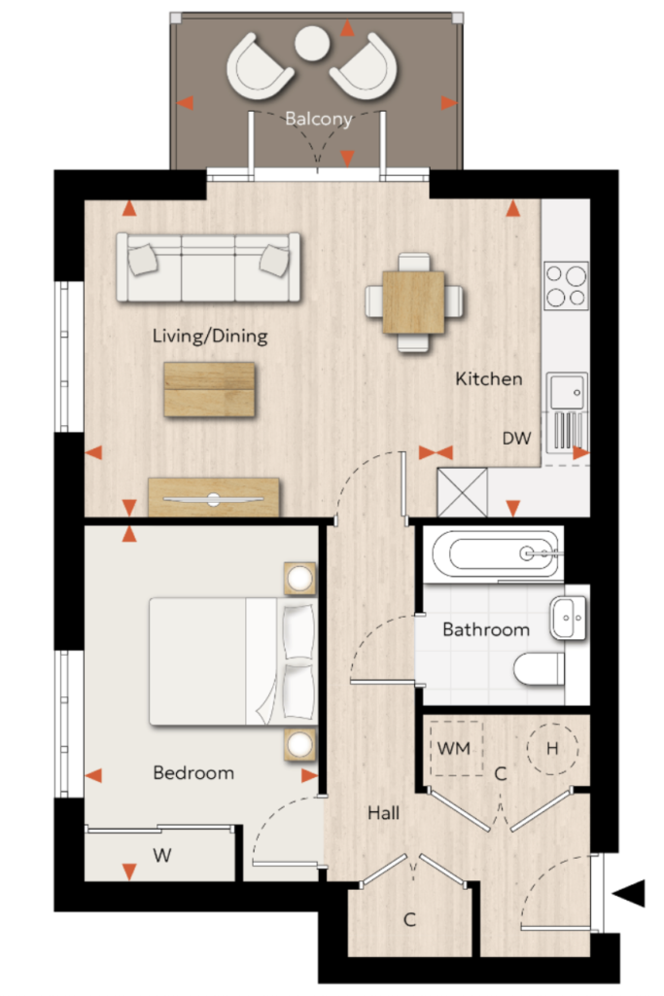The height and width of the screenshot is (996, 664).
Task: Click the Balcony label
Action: click(318, 119)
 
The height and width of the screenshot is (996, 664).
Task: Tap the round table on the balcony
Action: click(312, 43)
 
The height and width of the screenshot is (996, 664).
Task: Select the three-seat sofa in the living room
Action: click(208, 267)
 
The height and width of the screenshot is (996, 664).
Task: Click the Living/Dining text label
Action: click(209, 336)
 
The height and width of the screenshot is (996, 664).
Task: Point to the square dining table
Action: click(413, 302)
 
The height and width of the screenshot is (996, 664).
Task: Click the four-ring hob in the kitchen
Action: click(566, 286)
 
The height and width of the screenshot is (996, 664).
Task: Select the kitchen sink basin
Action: click(567, 391)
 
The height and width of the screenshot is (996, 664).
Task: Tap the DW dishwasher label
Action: click(516, 438)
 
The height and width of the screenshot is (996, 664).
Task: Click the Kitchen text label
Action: click(489, 378)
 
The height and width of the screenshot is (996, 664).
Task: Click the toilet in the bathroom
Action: click(539, 669)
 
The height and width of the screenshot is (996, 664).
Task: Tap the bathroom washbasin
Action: click(569, 617)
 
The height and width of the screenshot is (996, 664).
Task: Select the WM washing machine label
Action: click(454, 748)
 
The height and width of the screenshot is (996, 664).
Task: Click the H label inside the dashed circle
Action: click(552, 748)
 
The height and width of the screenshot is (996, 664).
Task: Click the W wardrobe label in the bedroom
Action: click(162, 855)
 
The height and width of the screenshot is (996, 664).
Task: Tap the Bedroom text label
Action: click(193, 772)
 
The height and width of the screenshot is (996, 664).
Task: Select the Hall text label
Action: click(383, 812)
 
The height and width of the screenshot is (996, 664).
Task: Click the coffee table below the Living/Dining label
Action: click(209, 389)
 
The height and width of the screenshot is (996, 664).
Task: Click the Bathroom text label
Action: click(486, 629)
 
